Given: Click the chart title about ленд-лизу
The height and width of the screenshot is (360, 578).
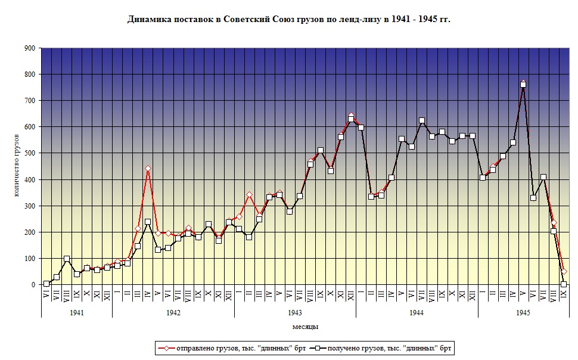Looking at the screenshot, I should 289,20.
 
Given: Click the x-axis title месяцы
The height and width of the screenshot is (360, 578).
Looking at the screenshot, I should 305,327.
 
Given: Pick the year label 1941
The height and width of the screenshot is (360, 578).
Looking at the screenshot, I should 76,312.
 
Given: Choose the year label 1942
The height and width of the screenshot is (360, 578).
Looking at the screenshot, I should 173,312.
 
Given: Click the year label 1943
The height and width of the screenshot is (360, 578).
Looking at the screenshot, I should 295,312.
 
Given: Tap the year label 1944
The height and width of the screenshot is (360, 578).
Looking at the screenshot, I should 417,312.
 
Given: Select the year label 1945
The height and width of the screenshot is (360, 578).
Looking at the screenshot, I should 523,312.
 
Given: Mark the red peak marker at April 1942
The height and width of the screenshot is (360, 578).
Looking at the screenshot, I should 148,169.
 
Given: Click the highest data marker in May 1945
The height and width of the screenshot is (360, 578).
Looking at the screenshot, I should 523,84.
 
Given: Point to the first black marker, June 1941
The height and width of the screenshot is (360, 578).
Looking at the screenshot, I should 46,284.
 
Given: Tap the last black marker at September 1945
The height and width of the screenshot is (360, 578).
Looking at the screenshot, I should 564,284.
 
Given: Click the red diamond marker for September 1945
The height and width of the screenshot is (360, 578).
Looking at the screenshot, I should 564,272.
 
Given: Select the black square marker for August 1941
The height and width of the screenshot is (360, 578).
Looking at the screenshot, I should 67,259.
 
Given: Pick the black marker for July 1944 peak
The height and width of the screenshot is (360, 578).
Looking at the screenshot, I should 422,120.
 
